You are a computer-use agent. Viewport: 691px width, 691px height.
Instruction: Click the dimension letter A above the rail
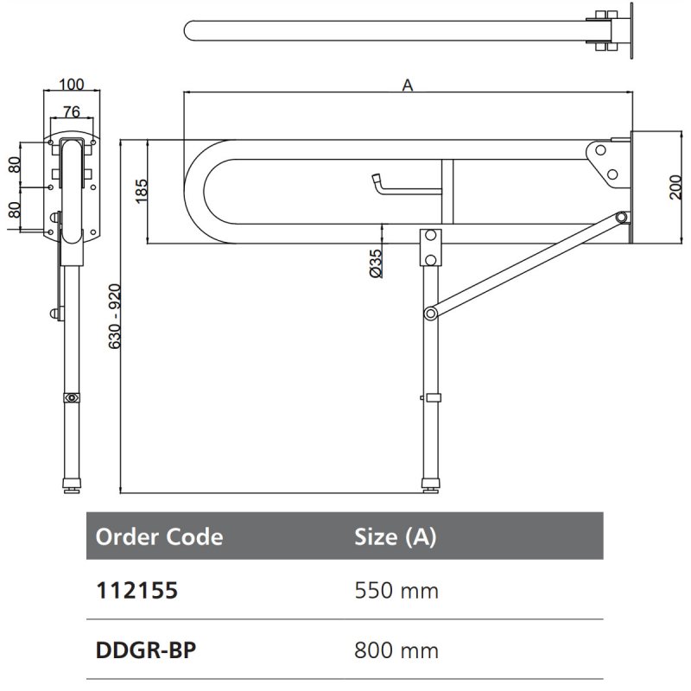tap(408, 85)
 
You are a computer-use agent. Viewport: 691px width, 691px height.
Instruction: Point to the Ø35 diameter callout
tap(374, 262)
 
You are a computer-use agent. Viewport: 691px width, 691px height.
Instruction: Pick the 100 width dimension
tap(73, 85)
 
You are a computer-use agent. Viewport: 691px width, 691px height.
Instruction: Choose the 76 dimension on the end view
tap(73, 111)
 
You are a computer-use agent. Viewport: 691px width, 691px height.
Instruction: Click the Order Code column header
tap(159, 536)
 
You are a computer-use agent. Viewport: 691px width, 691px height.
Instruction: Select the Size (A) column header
tap(395, 536)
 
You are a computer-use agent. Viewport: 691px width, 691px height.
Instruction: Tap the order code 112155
tap(136, 591)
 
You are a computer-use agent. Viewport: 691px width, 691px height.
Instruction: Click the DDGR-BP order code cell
tap(145, 650)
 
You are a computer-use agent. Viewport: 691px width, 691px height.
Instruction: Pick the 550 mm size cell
tap(396, 591)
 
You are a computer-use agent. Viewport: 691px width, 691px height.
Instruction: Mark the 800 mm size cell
tap(396, 650)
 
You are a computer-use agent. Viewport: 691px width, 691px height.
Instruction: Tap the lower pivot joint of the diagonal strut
tap(429, 312)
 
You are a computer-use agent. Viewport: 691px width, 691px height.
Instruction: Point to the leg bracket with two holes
tap(429, 248)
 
